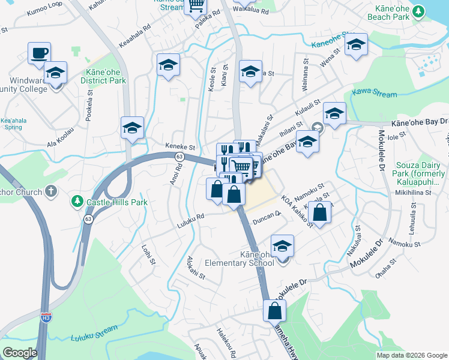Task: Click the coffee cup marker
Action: tap(39, 53)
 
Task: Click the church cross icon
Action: tap(52, 192)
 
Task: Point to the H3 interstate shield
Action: tap(46, 316)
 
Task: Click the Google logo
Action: tap(20, 353)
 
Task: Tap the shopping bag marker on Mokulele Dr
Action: tap(274, 311)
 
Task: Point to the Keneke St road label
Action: tap(181, 147)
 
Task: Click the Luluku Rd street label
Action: tap(191, 225)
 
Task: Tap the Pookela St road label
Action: tap(89, 106)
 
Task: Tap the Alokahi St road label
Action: tap(196, 268)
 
